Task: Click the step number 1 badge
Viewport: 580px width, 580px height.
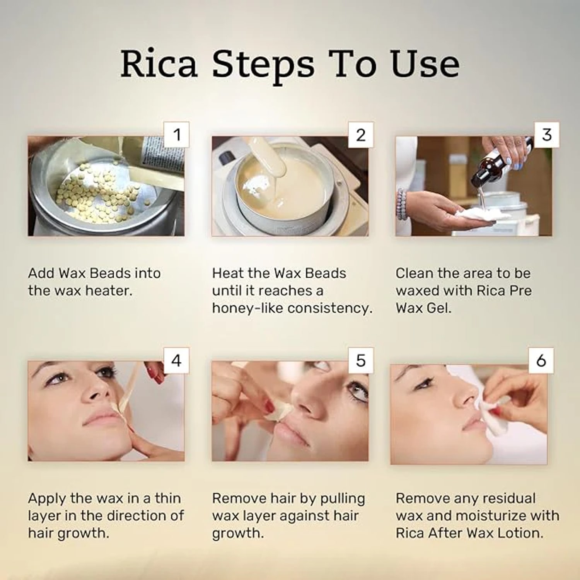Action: point(177,135)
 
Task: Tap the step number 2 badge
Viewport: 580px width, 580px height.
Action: point(361,135)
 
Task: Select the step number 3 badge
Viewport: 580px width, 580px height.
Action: point(547,135)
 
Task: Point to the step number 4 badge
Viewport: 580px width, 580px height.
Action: point(176,360)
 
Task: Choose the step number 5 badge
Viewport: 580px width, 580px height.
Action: point(361,360)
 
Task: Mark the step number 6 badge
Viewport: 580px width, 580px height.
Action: point(541,360)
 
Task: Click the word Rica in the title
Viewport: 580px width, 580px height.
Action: point(159,63)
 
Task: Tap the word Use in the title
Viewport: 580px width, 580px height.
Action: point(425,63)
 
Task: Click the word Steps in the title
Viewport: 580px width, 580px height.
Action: point(263,66)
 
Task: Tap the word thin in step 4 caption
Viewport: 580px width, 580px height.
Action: point(168,498)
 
